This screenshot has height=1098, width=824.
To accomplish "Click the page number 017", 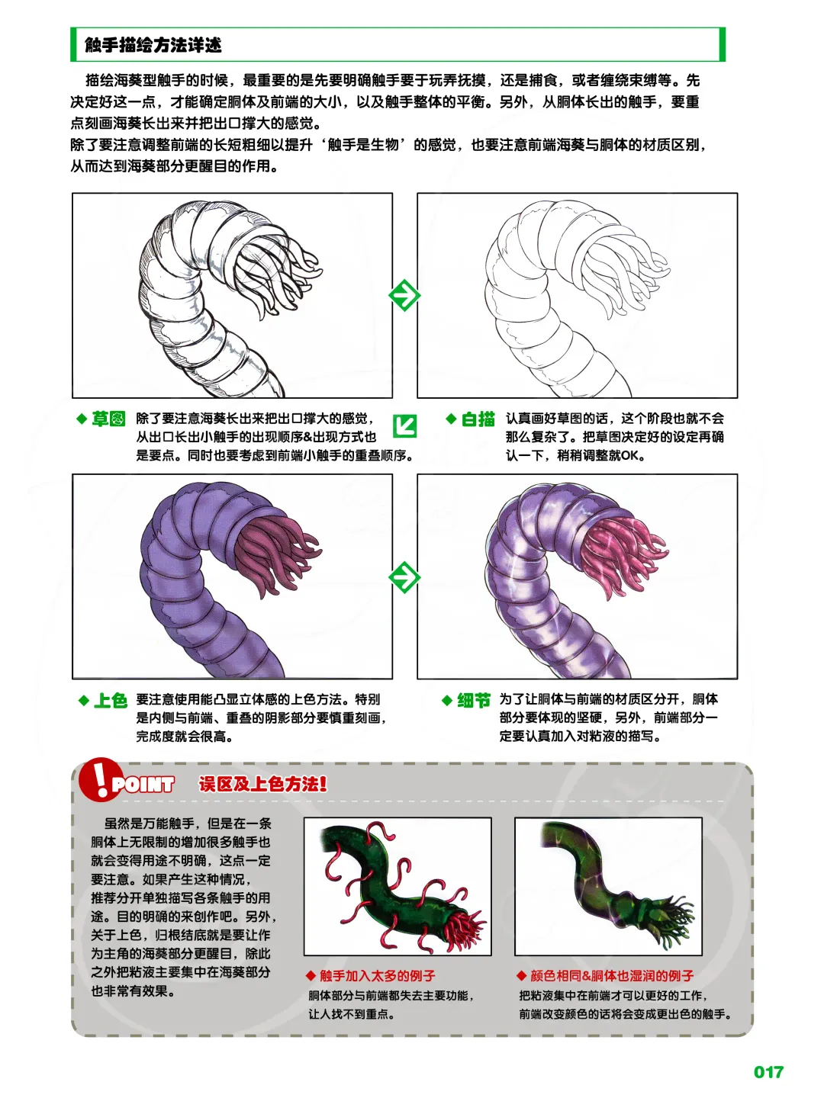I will pos(768,1072).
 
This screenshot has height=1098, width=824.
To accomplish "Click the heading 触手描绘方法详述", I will pos(153,45).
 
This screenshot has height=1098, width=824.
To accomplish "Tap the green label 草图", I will pos(108,419).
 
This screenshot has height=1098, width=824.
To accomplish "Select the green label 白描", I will pos(478,419).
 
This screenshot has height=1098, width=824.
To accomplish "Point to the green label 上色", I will pos(110,700).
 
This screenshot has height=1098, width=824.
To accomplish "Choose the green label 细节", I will pos(473,700).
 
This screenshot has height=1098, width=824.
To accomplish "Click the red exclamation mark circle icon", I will pos(98,779).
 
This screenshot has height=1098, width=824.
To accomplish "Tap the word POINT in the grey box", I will pos(143,785).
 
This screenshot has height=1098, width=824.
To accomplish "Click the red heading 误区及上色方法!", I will pos(263,784).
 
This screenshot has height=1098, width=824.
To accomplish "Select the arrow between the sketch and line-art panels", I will pos(404,295).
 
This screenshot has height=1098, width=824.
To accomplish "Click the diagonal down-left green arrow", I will pos(404,425).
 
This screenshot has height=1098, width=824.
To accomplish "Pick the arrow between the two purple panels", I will pos(404,577).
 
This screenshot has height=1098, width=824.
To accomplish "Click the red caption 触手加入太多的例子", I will pos(377,976).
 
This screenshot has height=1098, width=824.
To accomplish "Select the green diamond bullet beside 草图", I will pos(82,419).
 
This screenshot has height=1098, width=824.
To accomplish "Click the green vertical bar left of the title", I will pos(73,45).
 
